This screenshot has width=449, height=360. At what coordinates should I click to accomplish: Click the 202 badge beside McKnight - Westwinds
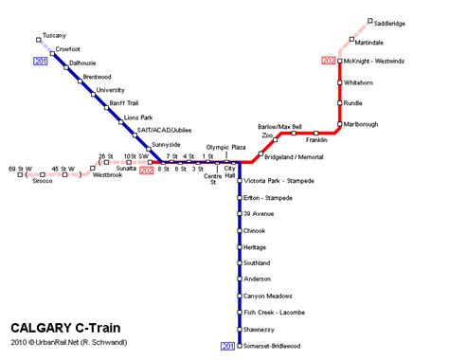click(x=329, y=62)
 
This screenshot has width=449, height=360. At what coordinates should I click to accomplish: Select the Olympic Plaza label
click(x=226, y=148)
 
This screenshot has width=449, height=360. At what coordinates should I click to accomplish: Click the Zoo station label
click(x=267, y=135)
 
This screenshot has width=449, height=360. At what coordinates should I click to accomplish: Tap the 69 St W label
click(x=20, y=168)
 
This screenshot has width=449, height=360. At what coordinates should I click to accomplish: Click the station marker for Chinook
click(x=239, y=230)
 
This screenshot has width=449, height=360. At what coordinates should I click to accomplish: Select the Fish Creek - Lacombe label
click(x=274, y=312)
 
